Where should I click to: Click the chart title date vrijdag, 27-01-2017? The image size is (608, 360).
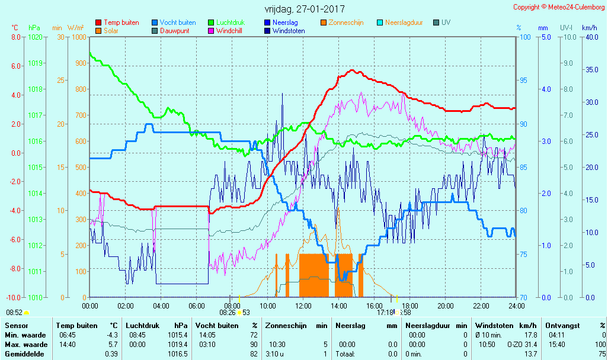click(305, 9)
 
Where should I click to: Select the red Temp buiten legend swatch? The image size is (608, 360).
click(98, 22)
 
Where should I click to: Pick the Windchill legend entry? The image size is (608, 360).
click(228, 31)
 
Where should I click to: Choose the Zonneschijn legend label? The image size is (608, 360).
click(345, 22)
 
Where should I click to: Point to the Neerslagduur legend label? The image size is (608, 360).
click(404, 22)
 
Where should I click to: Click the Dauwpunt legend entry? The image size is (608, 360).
click(174, 31)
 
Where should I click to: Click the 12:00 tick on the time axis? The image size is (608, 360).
click(303, 306)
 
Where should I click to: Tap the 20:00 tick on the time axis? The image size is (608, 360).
click(446, 306)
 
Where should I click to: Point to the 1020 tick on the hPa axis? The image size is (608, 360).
click(35, 37)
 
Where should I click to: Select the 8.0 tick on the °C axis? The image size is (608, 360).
click(16, 37)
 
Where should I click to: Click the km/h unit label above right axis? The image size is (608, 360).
click(589, 28)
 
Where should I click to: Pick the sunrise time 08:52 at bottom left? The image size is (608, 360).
click(14, 312)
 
